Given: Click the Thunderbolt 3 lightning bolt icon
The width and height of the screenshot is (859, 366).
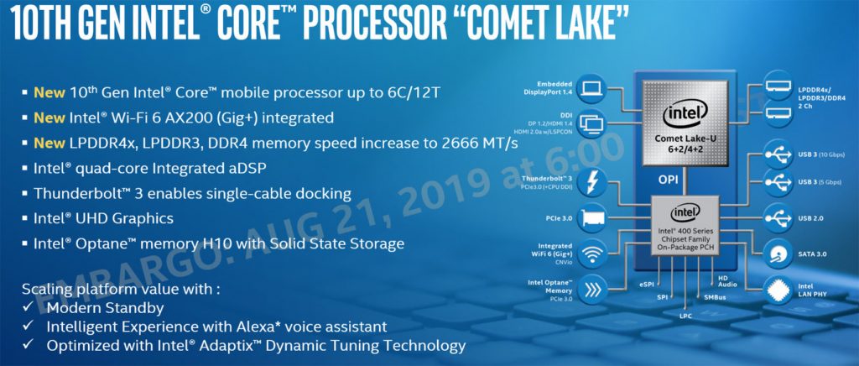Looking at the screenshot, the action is (x=591, y=182).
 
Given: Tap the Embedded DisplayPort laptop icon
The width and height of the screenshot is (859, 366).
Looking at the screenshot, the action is (x=591, y=88).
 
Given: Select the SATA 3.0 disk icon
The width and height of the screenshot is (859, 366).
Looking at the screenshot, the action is (x=778, y=254).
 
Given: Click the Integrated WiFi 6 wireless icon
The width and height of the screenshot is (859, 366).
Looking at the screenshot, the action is (x=591, y=254).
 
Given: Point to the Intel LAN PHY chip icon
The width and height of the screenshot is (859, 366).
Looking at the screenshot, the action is (x=778, y=290).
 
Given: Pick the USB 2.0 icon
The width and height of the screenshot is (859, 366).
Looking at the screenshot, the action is (x=778, y=218).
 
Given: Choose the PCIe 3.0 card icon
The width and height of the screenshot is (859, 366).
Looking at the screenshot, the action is (x=591, y=218).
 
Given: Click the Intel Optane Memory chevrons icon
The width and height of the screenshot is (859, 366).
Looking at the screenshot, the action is (x=591, y=290).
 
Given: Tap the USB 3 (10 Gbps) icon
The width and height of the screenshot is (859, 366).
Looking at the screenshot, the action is (x=778, y=155).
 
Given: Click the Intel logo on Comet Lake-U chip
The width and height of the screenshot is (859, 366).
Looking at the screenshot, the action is (x=685, y=114).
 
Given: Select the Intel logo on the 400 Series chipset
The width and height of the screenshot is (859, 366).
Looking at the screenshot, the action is (x=685, y=212).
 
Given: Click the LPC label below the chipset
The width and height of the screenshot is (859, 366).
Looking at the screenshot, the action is (x=685, y=316).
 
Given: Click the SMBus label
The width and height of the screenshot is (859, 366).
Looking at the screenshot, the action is (x=715, y=297).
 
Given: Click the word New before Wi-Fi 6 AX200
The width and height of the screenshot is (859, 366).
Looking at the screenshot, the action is (x=49, y=118).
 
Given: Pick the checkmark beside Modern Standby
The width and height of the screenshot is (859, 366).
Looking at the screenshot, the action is (x=28, y=307).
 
